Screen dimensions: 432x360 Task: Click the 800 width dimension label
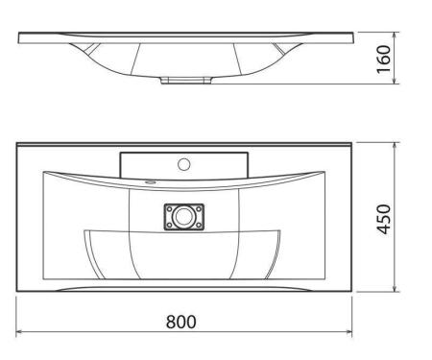(180, 322)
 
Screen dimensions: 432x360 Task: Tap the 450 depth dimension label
(384, 219)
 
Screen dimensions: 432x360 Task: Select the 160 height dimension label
(384, 60)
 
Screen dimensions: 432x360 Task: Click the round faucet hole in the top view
(184, 164)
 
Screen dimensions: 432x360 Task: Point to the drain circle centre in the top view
(183, 217)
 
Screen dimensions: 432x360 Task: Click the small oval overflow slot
(150, 182)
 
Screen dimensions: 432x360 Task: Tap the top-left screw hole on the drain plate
(169, 209)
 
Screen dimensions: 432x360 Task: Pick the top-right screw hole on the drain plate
(199, 209)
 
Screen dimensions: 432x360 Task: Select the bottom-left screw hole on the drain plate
(169, 226)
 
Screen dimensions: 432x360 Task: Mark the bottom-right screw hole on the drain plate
(199, 226)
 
